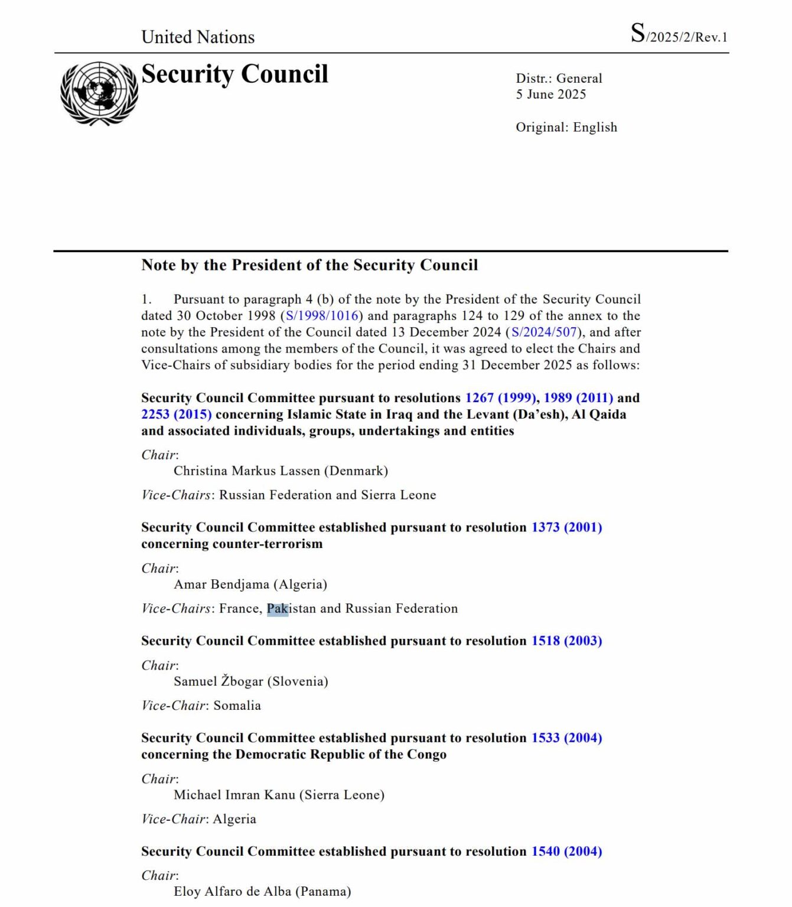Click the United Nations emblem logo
99,93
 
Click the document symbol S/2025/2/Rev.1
679,35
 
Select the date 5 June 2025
550,94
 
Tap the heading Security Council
234,74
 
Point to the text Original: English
566,128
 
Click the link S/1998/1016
322,316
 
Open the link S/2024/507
543,332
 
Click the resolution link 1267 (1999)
500,398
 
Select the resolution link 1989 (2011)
578,398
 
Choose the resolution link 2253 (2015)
176,415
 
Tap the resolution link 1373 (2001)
566,527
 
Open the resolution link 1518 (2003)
566,641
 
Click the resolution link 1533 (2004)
566,738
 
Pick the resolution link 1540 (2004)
566,851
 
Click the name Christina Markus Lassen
246,471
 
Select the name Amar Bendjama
221,585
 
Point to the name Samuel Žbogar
218,681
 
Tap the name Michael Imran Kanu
234,795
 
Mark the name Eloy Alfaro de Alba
232,892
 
